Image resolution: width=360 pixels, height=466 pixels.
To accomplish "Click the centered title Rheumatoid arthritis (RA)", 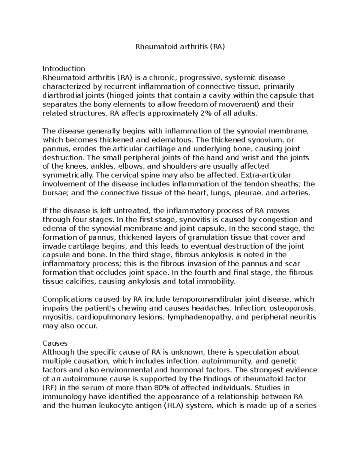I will point(180,47).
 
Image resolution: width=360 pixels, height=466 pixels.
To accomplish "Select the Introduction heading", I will point(64,69).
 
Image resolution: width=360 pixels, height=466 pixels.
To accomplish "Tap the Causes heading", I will point(55,343).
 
